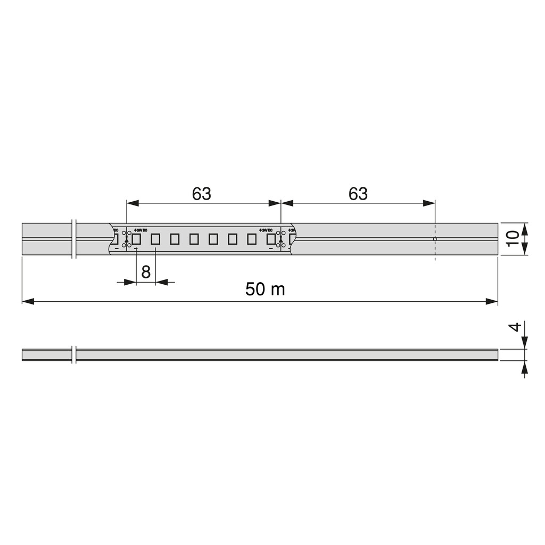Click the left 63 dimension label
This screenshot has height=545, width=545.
[x=202, y=194]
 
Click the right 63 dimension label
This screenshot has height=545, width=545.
[x=358, y=194]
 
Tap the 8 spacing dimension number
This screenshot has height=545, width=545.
[x=146, y=272]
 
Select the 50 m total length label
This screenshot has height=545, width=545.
[x=265, y=290]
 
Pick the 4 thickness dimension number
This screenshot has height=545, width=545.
[x=514, y=327]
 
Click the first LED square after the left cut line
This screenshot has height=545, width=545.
[x=136, y=239]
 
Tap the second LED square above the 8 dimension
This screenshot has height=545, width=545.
[x=155, y=239]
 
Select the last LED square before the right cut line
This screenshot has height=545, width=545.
[x=271, y=239]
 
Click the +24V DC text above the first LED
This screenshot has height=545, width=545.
[x=140, y=230]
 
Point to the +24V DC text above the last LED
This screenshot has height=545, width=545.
[x=266, y=230]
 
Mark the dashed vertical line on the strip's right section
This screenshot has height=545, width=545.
[x=435, y=239]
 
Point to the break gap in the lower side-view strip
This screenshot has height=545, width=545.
[x=74, y=354]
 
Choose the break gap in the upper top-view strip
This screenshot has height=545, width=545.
[x=74, y=239]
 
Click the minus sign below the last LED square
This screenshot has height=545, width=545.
[x=271, y=249]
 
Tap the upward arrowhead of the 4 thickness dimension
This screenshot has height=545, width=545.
[x=525, y=367]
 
